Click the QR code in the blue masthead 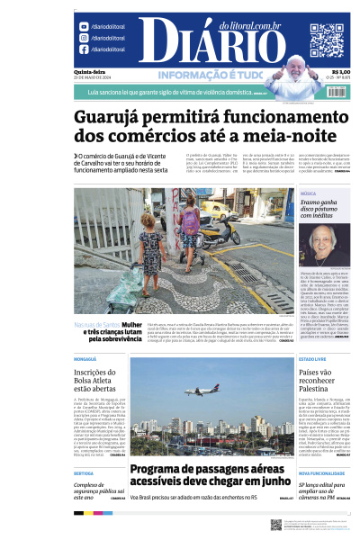(327, 40)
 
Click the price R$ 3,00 (341, 72)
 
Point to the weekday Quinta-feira (87, 72)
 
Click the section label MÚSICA (308, 193)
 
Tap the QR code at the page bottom (276, 524)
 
